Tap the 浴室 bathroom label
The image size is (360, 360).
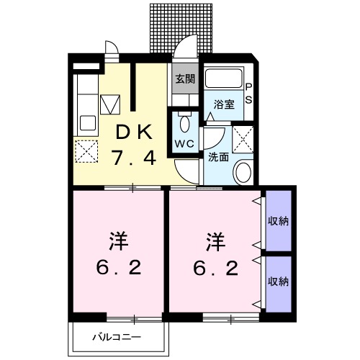coord(225,104)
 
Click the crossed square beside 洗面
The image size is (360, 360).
coord(243,137)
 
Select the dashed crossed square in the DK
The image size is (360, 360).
coord(86,151)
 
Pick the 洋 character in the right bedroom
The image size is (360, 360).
coord(215,239)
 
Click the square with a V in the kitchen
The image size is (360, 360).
coord(109,105)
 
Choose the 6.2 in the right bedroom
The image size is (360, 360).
coord(215,269)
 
